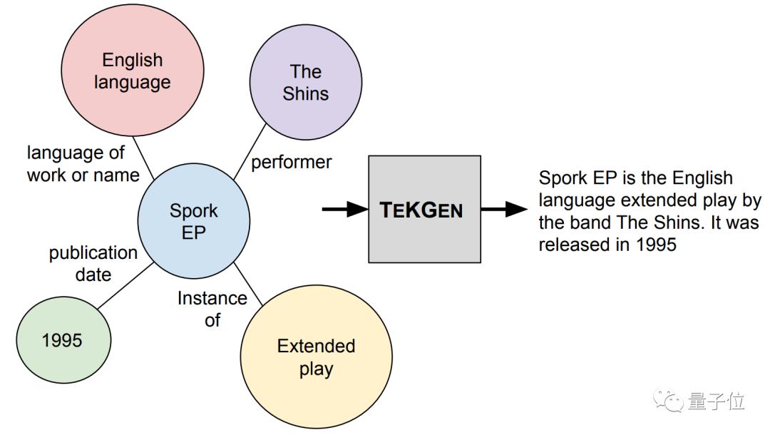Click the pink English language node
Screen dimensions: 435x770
(x=132, y=71)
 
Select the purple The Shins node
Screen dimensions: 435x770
(x=305, y=82)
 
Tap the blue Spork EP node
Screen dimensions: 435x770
(x=193, y=221)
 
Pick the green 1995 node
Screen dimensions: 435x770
(x=62, y=339)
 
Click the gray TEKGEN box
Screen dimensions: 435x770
(x=424, y=210)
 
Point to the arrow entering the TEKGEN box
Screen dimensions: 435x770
(x=344, y=210)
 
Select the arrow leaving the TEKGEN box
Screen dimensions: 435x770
(x=503, y=210)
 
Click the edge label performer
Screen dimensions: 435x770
(x=291, y=162)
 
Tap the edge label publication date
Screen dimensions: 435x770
(x=93, y=263)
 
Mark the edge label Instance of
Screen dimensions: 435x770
(x=212, y=309)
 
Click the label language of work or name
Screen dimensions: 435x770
(x=82, y=163)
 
